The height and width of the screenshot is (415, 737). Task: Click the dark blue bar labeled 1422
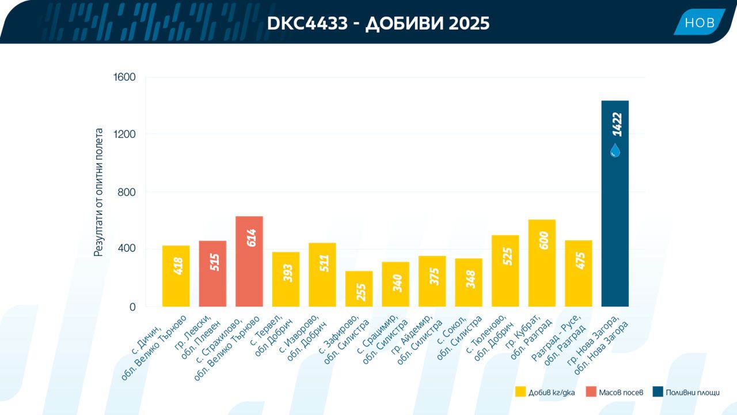(x=615, y=203)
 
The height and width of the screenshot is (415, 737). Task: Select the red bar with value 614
(x=249, y=262)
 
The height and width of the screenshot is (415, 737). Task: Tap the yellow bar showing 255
(x=359, y=289)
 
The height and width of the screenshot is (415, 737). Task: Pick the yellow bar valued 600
(x=542, y=263)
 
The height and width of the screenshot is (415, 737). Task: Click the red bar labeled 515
(x=212, y=274)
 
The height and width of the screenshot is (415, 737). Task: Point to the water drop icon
(x=615, y=150)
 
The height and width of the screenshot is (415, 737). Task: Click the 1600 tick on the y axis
(x=124, y=77)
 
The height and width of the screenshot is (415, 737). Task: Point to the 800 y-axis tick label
(x=127, y=192)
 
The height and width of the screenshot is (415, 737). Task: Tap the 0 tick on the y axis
(x=132, y=307)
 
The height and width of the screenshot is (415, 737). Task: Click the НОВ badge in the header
(x=700, y=22)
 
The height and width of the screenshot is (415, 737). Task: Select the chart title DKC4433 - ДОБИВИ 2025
(x=378, y=24)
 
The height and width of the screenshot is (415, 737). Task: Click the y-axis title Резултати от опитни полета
(x=98, y=192)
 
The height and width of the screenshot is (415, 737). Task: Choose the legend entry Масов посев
(x=614, y=392)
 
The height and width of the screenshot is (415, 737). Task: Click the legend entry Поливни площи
(x=686, y=392)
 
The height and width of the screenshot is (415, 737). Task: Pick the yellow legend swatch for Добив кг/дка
(x=521, y=391)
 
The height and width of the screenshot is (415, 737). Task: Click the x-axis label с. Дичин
(x=147, y=339)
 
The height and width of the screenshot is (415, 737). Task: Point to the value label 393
(x=288, y=273)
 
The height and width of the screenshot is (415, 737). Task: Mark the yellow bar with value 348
(x=469, y=282)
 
